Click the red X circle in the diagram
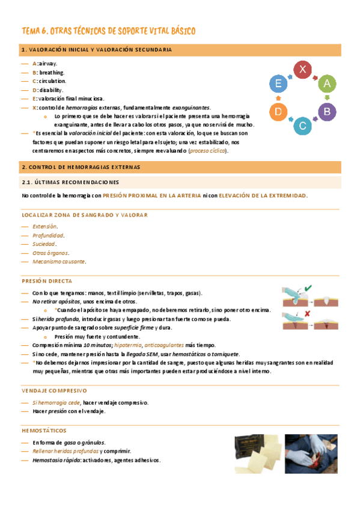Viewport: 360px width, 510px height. point(302,70)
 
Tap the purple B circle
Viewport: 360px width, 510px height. point(326,111)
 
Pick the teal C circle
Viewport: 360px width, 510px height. point(302,125)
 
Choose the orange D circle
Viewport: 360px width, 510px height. point(278,111)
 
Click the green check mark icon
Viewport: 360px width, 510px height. point(308,289)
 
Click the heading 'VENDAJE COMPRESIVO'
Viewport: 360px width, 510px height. point(54,373)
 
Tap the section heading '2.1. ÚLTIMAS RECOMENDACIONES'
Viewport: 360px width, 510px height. point(70,182)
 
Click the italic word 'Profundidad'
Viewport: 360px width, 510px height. point(48,235)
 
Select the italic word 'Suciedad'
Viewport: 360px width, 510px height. point(44,244)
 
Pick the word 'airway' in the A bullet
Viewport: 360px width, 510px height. point(49,63)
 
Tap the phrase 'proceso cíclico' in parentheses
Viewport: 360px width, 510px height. point(208,151)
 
